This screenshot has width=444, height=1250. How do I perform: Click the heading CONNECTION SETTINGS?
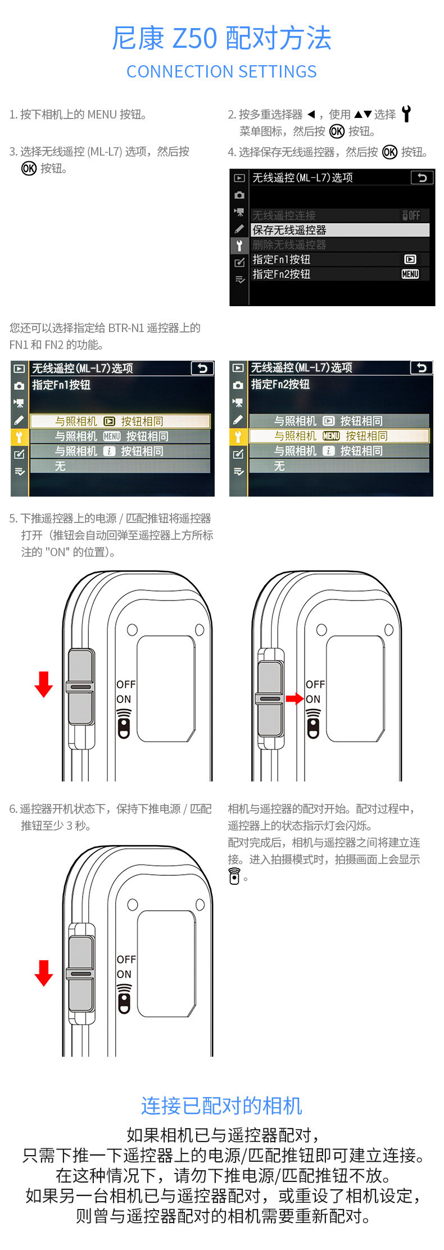pyautogui.click(x=221, y=71)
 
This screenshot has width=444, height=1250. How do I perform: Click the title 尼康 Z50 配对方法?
pyautogui.click(x=221, y=38)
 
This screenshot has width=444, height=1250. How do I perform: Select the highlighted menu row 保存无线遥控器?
pyautogui.click(x=339, y=230)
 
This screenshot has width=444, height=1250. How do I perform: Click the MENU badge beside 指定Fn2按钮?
pyautogui.click(x=410, y=274)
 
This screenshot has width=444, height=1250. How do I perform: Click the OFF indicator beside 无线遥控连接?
pyautogui.click(x=411, y=215)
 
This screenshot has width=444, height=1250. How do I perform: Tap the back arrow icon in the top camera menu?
pyautogui.click(x=422, y=178)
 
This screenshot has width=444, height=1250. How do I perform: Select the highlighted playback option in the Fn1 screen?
pyautogui.click(x=120, y=421)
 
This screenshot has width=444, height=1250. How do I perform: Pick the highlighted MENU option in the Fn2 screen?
pyautogui.click(x=339, y=436)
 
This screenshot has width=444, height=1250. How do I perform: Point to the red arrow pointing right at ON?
pyautogui.click(x=294, y=699)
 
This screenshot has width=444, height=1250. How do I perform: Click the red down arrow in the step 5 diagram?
pyautogui.click(x=43, y=684)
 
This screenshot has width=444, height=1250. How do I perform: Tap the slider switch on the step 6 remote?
pyautogui.click(x=81, y=974)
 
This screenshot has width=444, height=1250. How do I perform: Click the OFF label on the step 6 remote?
pyautogui.click(x=126, y=960)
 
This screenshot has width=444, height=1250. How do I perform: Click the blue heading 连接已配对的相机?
pyautogui.click(x=221, y=1106)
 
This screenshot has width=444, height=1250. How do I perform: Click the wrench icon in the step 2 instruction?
pyautogui.click(x=406, y=114)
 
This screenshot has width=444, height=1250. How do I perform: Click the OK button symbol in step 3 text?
pyautogui.click(x=29, y=168)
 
